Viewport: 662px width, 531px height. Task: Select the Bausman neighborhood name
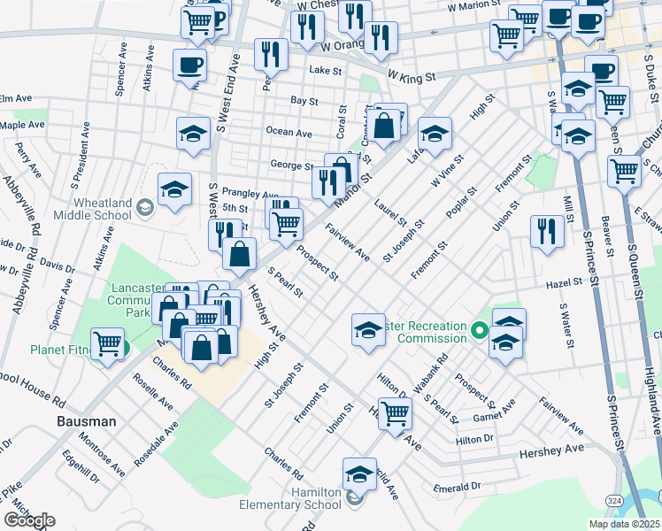tap(87, 421)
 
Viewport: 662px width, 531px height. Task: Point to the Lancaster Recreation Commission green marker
tap(480, 332)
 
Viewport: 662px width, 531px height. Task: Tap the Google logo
tap(29, 520)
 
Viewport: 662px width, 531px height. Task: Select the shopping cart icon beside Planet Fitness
tap(108, 342)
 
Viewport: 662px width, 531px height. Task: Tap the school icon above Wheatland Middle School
tap(175, 189)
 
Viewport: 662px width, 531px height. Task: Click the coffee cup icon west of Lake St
tap(191, 65)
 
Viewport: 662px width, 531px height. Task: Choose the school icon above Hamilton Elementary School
tap(359, 474)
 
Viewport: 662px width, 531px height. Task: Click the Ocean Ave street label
tap(289, 133)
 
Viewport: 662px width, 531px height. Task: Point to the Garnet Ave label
tap(494, 412)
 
